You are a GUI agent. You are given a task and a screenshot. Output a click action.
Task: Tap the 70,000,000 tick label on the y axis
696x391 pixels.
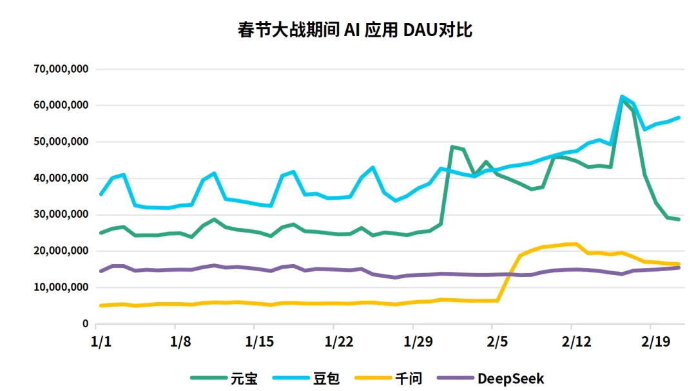[61, 69]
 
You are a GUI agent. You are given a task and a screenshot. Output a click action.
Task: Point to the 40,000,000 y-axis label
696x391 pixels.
[61, 178]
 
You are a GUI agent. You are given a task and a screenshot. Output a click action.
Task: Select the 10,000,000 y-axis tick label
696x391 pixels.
[61, 288]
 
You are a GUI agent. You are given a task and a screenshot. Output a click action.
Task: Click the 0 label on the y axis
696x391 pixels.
[84, 324]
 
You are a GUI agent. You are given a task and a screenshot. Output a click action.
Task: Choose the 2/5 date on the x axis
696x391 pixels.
[498, 340]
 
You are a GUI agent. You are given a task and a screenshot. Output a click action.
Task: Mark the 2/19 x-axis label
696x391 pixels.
[653, 340]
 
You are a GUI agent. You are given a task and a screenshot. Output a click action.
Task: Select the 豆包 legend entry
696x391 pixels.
[325, 378]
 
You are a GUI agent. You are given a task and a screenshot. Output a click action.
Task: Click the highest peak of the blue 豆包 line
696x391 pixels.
[622, 97]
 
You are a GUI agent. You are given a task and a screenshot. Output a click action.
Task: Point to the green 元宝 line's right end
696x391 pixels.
[679, 219]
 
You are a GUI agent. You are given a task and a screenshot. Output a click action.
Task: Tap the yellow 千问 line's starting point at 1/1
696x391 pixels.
[101, 305]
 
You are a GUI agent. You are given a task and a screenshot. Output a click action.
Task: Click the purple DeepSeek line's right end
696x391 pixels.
[679, 267]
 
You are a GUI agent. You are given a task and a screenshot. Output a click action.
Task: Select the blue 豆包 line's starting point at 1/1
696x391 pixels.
[101, 194]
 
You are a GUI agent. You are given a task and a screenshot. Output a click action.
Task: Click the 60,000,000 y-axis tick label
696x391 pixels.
[61, 106]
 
